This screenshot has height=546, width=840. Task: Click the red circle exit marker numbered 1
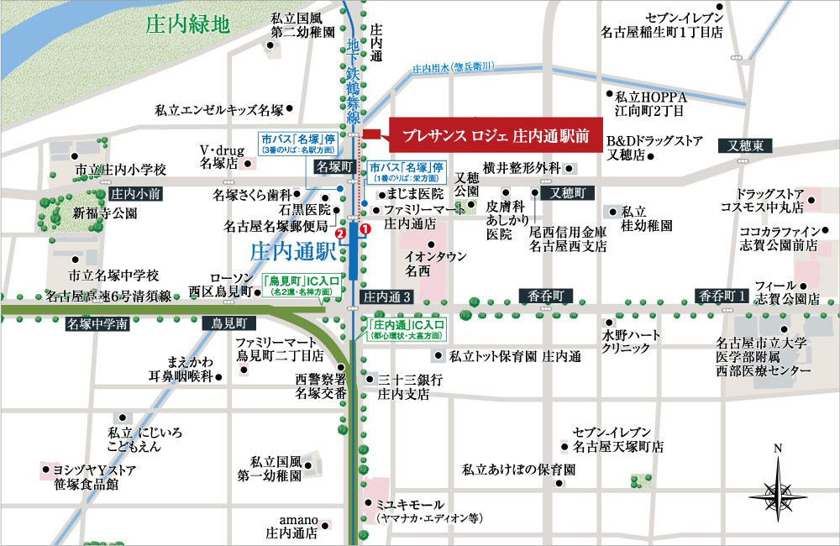pos(365,228)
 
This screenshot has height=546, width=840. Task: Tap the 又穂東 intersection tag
pos(745,146)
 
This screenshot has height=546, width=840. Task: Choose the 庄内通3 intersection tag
pos(388,297)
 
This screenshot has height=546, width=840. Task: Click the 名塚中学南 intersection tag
pos(97,323)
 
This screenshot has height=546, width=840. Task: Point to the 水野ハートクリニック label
pos(631,341)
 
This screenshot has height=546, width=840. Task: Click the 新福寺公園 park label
pos(105,213)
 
